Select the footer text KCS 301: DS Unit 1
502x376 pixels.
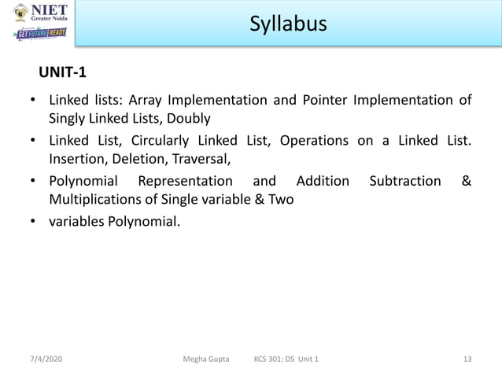click(x=286, y=359)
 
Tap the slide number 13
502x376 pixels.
click(x=467, y=359)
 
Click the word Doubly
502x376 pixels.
click(x=187, y=120)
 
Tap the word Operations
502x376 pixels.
click(x=314, y=141)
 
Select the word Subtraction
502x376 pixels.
click(x=404, y=181)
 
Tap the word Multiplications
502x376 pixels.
click(x=95, y=200)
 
